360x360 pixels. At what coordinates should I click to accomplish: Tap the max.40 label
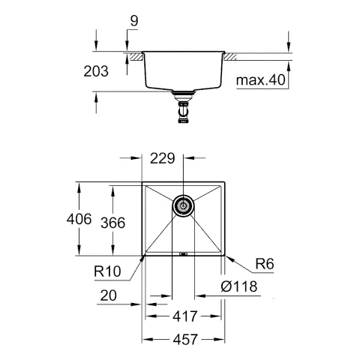[x=260, y=80]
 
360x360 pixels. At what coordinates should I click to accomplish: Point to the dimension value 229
[x=163, y=159]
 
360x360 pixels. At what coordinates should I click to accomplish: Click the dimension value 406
[x=79, y=220]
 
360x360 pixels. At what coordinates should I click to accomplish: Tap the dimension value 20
[x=109, y=296]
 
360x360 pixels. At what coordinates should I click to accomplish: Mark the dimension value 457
[x=183, y=340]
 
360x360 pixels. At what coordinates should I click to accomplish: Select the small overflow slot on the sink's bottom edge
[x=183, y=253]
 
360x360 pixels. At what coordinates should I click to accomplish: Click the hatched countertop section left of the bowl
[x=135, y=56]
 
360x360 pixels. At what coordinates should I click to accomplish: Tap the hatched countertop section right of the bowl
[x=230, y=56]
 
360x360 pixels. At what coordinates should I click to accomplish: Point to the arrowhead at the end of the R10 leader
[x=144, y=256]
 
